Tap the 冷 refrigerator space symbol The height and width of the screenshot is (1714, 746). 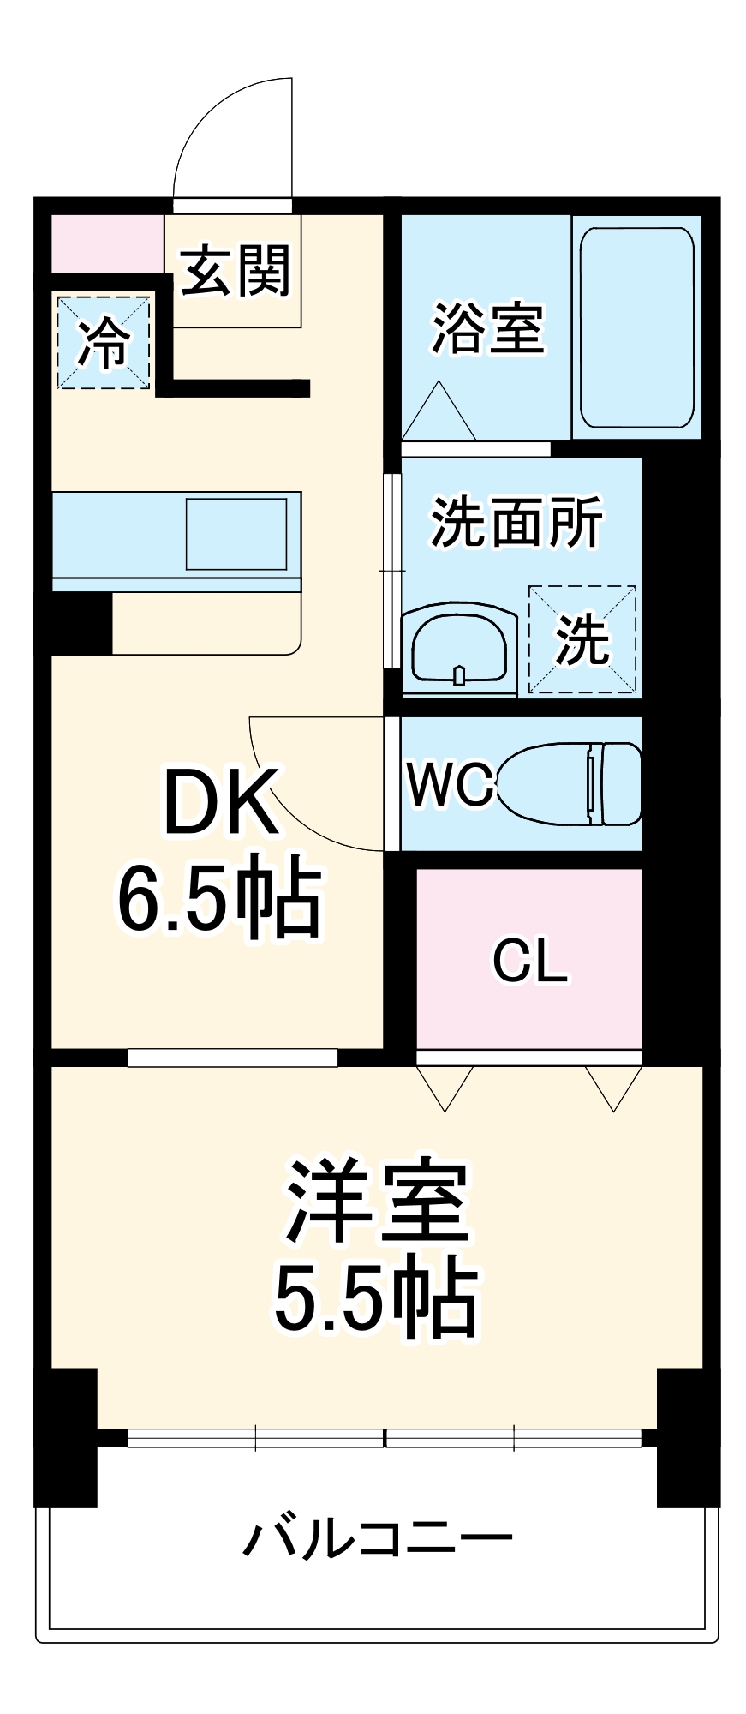(104, 342)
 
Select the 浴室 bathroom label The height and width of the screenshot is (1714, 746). (487, 327)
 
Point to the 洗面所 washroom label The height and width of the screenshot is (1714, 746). (516, 522)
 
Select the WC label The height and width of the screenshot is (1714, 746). (451, 783)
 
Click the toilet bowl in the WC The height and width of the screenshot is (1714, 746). (570, 784)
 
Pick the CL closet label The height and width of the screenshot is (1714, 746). (530, 961)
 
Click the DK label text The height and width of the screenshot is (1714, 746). (221, 803)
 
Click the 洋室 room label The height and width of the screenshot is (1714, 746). (377, 1202)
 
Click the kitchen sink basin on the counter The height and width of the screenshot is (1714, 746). (236, 533)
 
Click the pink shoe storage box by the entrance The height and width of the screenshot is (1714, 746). (107, 243)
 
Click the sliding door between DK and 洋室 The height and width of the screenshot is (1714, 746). (232, 1058)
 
